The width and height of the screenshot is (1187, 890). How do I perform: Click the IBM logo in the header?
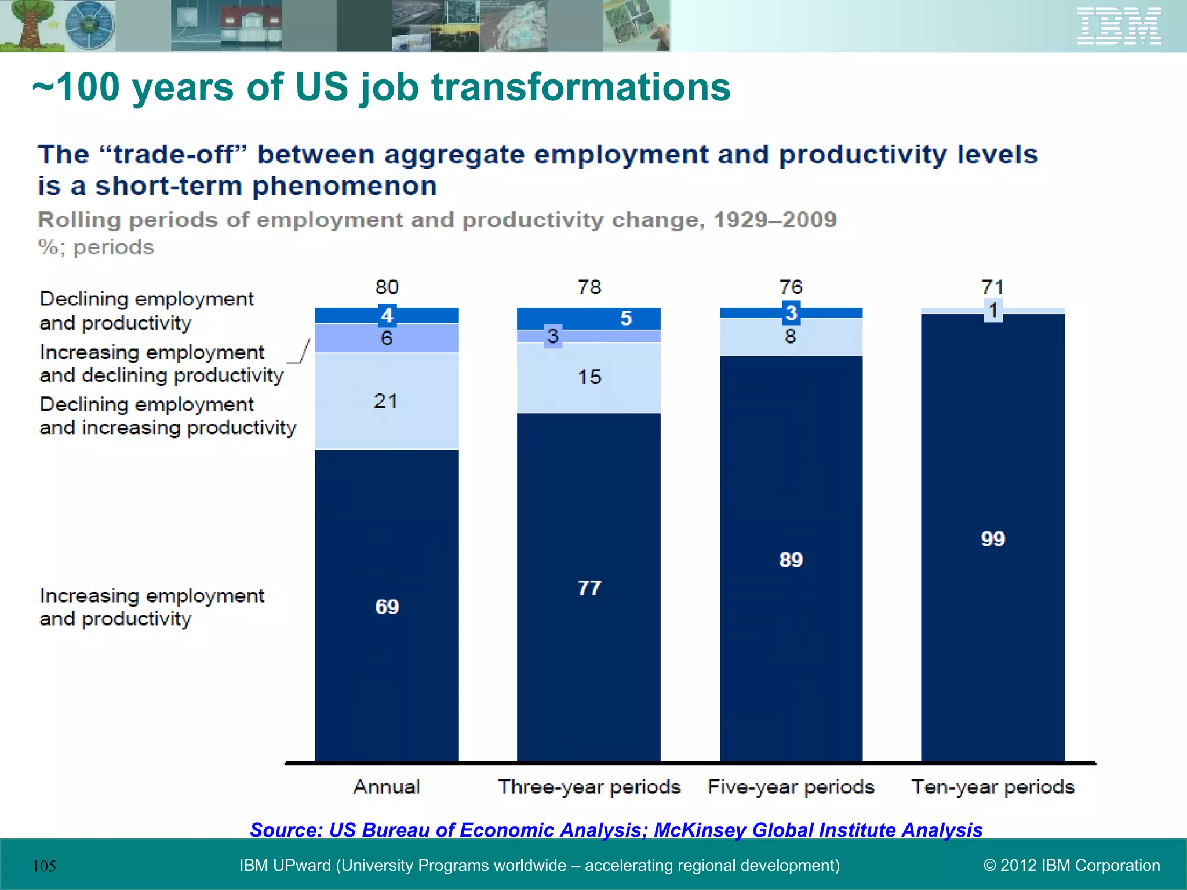click(x=1119, y=26)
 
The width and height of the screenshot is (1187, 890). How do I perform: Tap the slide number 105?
click(x=44, y=866)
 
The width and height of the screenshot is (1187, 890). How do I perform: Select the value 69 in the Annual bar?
click(x=387, y=607)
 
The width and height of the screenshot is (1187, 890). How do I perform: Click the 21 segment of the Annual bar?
click(x=386, y=401)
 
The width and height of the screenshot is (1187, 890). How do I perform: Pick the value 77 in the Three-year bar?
click(x=589, y=588)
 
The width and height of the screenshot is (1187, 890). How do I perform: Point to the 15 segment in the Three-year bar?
click(x=589, y=377)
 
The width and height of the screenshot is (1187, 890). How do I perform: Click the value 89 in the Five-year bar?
click(x=791, y=560)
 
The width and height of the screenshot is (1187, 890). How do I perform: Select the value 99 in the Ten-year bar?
click(x=992, y=538)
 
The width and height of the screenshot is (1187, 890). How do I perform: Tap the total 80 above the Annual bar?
click(x=387, y=287)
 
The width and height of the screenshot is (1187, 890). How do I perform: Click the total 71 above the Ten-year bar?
click(x=992, y=287)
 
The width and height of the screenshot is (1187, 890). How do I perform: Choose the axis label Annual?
click(x=387, y=787)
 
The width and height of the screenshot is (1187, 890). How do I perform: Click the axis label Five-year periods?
click(x=791, y=787)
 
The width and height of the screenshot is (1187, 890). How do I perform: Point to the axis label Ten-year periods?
click(x=992, y=787)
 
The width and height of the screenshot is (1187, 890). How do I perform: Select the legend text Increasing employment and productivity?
click(x=151, y=607)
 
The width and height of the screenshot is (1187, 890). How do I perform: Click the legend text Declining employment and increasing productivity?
click(x=168, y=416)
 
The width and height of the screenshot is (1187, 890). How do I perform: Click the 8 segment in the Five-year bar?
click(x=791, y=337)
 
